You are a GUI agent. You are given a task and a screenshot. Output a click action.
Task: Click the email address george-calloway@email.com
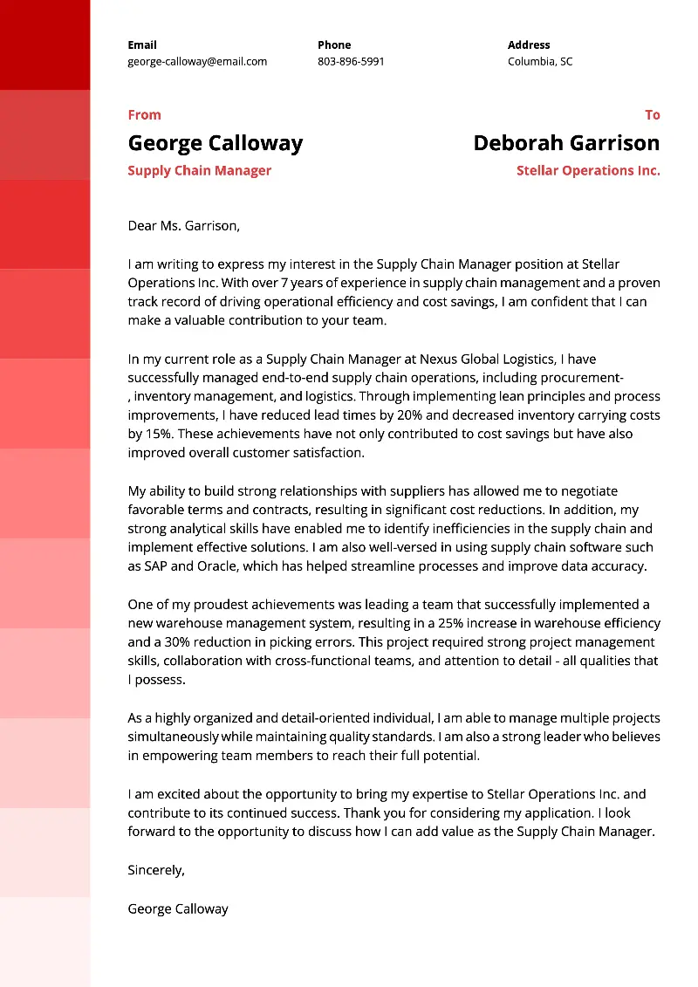pyautogui.click(x=197, y=62)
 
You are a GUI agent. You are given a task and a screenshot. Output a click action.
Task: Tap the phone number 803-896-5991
pyautogui.click(x=351, y=62)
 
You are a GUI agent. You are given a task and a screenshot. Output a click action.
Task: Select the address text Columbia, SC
pyautogui.click(x=540, y=62)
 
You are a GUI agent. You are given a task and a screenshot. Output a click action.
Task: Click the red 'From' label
pyautogui.click(x=144, y=115)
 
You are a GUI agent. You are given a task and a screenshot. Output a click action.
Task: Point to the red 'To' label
pyautogui.click(x=652, y=115)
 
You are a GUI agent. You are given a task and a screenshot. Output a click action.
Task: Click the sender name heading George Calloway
pyautogui.click(x=216, y=143)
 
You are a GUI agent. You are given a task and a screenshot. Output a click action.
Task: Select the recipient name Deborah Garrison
pyautogui.click(x=566, y=143)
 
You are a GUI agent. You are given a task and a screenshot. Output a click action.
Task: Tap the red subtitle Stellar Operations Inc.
pyautogui.click(x=588, y=171)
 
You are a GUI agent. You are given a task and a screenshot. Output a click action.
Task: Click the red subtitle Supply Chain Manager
pyautogui.click(x=199, y=171)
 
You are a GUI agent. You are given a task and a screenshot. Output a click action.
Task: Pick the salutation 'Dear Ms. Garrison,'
pyautogui.click(x=183, y=226)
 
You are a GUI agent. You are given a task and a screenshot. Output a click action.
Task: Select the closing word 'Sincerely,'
pyautogui.click(x=156, y=870)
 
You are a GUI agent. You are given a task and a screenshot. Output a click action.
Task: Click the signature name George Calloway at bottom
pyautogui.click(x=178, y=908)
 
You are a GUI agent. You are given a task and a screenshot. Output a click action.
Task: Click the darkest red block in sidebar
pyautogui.click(x=44, y=45)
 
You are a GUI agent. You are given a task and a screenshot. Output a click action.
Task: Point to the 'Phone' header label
pyautogui.click(x=334, y=45)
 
